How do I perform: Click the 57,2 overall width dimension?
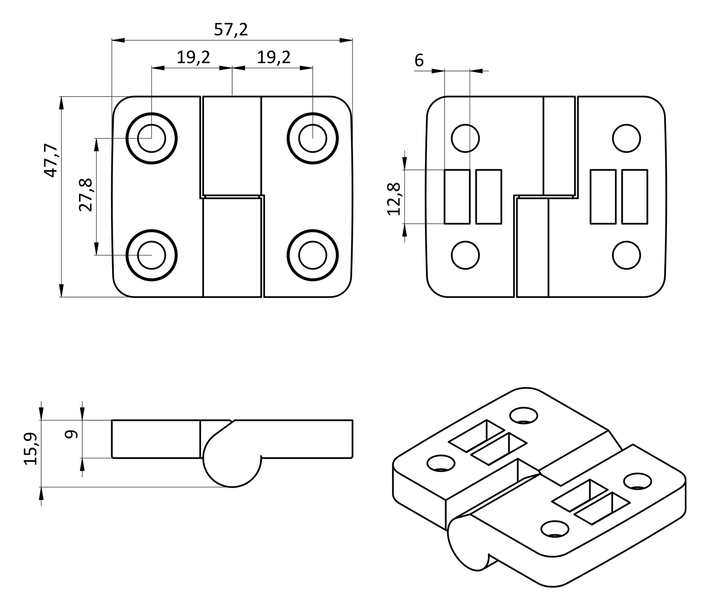tap(231, 30)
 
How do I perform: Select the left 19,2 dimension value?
tap(193, 58)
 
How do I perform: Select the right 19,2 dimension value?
tap(274, 58)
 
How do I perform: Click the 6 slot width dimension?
tap(419, 61)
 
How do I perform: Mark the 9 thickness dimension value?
tap(71, 435)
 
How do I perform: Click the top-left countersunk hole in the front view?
tap(151, 139)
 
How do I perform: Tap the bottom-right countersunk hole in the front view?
tap(312, 255)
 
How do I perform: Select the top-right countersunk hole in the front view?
tap(312, 139)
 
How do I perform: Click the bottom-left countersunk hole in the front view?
tap(151, 255)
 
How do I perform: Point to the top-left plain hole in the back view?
tap(465, 139)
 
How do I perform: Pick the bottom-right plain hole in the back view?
tap(626, 255)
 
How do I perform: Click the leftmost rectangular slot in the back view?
tap(457, 196)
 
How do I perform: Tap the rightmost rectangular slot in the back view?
tap(634, 196)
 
